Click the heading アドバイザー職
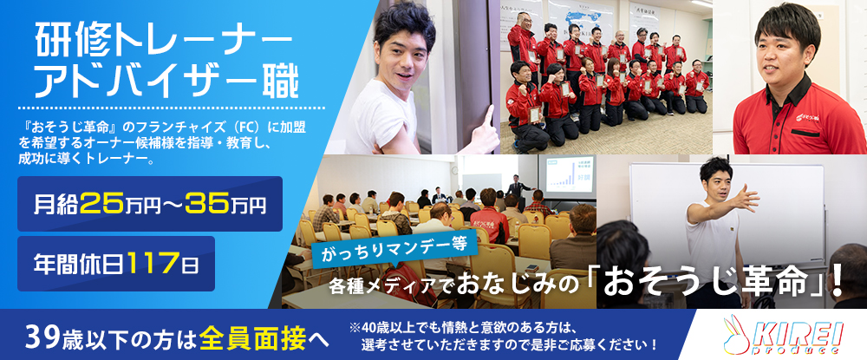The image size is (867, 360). [x=166, y=82]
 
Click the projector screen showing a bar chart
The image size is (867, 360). [x=567, y=175]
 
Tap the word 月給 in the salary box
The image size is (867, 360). [x=56, y=204]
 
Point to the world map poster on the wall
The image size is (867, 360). [x=582, y=21]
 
